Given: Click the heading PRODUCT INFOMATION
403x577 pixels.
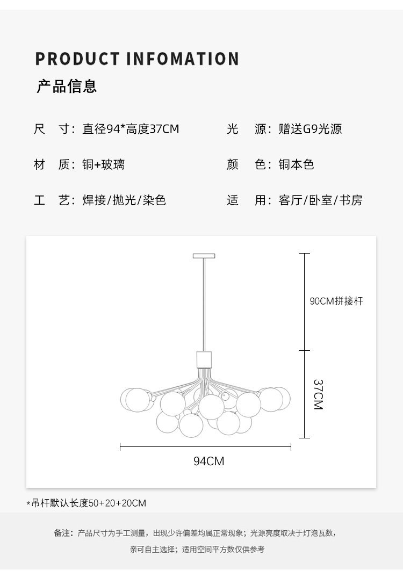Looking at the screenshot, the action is coord(137,59).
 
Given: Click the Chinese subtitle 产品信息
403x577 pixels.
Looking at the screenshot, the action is coord(67,86).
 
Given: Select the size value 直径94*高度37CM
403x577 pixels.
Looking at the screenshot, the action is coord(131,129).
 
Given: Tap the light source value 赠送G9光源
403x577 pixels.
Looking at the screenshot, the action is coord(310,129).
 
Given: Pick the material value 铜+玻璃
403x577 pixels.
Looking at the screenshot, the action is coord(103,164).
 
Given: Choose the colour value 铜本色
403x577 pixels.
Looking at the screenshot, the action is coord(296,164).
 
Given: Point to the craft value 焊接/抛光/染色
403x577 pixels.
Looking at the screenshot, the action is coord(124,200).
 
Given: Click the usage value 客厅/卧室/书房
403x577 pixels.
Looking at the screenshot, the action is coord(320,200).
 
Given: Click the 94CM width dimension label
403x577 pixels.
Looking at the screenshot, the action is coord(208,461).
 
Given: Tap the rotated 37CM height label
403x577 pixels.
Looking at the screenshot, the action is coord(318,394).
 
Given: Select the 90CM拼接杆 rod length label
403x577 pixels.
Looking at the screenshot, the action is coord(336,301).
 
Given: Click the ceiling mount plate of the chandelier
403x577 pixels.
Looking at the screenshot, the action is coord(204,256).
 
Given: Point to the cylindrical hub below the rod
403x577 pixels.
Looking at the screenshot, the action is coord(204,360).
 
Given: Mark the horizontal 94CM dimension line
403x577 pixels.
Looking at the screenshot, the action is coord(205,447).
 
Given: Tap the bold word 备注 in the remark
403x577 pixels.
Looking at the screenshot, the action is coord(61,533).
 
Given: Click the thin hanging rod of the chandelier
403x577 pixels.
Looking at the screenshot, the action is coord(204,305).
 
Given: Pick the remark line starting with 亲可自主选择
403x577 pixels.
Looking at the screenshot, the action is coord(197,550).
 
